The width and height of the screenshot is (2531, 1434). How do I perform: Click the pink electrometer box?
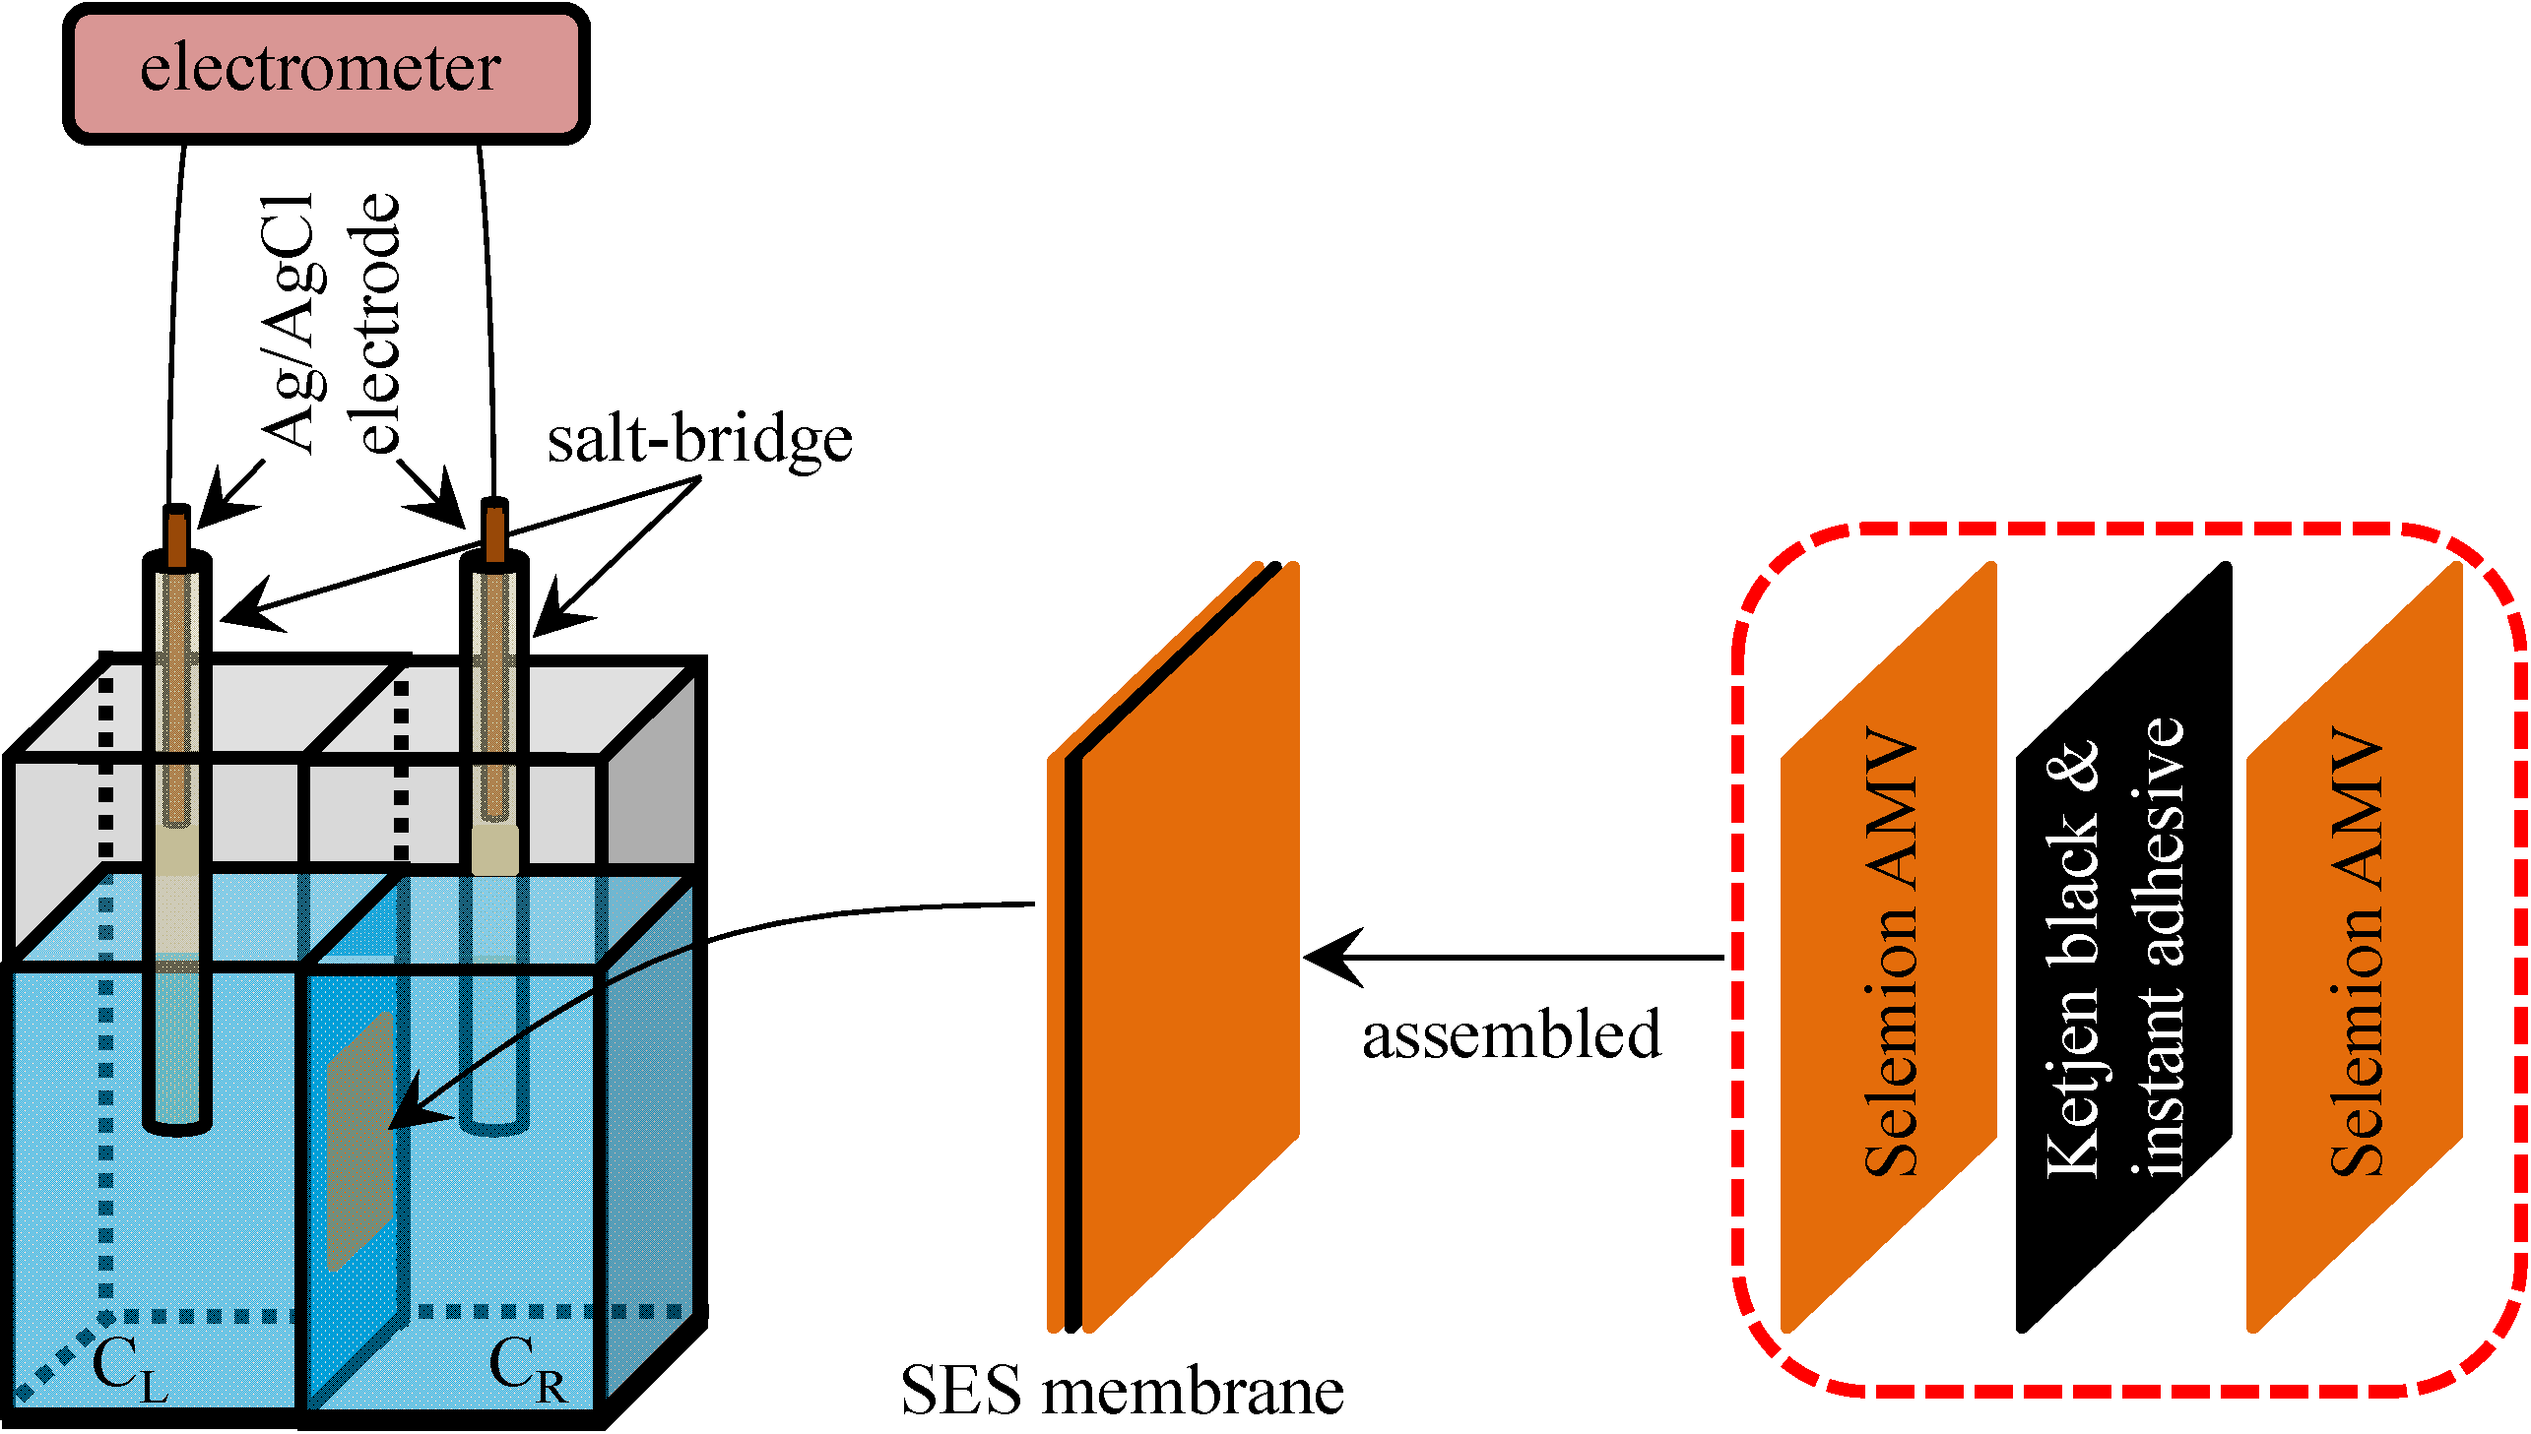pos(325,74)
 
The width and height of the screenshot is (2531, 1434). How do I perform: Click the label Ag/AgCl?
pos(288,325)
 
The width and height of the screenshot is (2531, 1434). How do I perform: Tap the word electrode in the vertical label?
pos(374,325)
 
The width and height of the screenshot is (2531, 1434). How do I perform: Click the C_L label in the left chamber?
pos(128,1369)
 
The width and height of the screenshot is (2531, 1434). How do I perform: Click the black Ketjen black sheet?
pos(2123,946)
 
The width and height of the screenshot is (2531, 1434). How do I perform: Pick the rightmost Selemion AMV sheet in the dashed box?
pos(2355,946)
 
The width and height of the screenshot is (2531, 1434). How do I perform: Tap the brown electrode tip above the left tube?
pos(177,537)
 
